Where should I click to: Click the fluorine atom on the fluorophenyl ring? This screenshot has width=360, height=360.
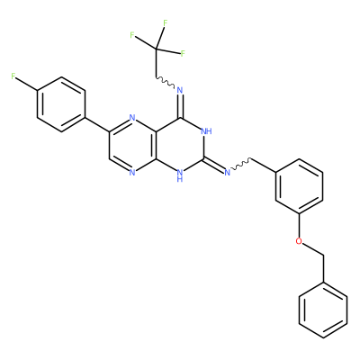13,76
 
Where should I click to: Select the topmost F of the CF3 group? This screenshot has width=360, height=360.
165,22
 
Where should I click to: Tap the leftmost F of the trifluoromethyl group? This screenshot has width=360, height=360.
132,35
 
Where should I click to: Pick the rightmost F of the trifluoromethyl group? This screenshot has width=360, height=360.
183,54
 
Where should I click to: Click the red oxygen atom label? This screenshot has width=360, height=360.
299,241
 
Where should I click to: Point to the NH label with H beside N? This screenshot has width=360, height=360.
206,131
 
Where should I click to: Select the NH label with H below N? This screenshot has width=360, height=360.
180,175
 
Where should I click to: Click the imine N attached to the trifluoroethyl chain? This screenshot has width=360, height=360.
180,90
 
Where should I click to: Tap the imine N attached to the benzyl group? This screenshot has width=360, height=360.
227,173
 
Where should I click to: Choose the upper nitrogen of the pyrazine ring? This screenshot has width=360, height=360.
132,118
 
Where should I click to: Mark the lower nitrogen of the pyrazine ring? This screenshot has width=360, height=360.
132,173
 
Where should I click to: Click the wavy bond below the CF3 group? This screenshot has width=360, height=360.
165,83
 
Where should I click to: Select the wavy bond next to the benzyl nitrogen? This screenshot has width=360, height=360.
241,166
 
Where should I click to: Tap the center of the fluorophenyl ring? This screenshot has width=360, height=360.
61,104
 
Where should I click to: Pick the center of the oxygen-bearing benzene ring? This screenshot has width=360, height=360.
299,186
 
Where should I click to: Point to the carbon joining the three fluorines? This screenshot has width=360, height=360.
156,49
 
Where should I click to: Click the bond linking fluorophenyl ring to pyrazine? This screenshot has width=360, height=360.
97,124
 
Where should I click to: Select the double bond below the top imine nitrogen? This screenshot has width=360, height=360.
180,106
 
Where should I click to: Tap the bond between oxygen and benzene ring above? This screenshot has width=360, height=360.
299,225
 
